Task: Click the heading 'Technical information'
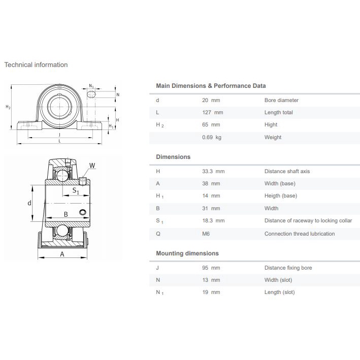tap(36, 64)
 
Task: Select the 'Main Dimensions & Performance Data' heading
tap(211, 86)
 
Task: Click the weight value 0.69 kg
tap(212, 137)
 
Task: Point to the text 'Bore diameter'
tap(281, 100)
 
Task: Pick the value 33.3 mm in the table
tap(213, 171)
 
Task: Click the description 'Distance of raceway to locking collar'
tap(308, 220)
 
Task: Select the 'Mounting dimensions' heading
tap(187, 253)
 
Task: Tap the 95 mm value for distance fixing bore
tap(211, 268)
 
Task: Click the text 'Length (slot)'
tap(279, 292)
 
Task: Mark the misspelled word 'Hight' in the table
tap(271, 124)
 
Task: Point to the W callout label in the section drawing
tap(92, 166)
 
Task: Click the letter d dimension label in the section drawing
tap(29, 203)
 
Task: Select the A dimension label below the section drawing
tap(62, 254)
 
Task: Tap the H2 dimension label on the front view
tap(8, 107)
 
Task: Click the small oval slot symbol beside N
tap(92, 94)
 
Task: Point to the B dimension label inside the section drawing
tap(66, 214)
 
